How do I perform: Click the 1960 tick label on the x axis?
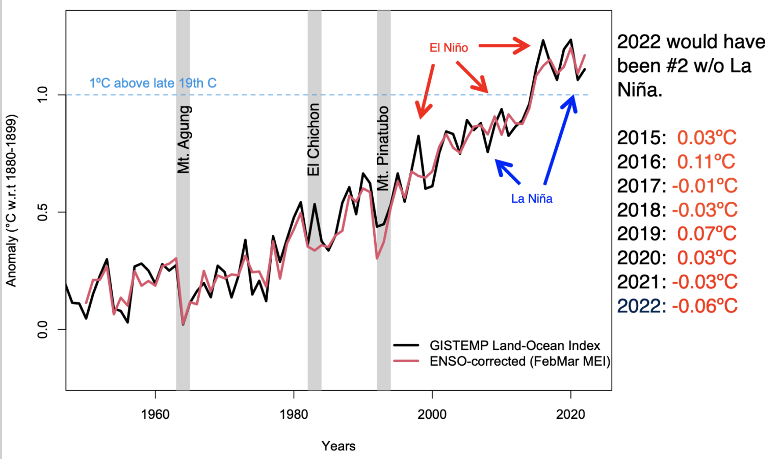coord(155,414)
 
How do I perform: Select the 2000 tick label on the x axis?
coord(432,414)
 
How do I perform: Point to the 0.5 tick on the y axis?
coord(43,212)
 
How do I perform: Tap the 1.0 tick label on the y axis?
coord(43,95)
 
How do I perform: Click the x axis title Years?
coord(338,446)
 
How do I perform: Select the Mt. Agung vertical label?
coord(184,140)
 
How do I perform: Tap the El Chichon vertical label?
coord(314,140)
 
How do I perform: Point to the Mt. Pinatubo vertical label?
coord(383,148)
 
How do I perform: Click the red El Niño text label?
coord(449,48)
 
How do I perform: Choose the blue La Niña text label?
coord(532,199)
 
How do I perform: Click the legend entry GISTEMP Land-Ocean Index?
coord(515,345)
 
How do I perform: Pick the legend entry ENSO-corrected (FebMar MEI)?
coord(519,361)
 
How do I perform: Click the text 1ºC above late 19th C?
coord(153,83)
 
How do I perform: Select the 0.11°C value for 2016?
coord(706,162)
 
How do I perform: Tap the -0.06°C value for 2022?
coord(704,306)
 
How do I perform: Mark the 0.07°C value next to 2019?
coord(707,234)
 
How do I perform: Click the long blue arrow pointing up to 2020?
coord(559,140)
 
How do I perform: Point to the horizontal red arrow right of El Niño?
coord(504,46)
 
